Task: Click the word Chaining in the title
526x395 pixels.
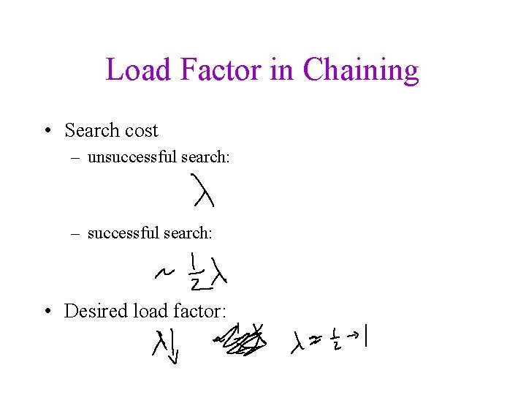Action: (361, 70)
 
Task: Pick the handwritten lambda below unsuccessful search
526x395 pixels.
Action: (202, 190)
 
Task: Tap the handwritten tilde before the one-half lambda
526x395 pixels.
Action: (163, 274)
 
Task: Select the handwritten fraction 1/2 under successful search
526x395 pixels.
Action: (194, 271)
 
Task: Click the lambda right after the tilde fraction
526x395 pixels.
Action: (219, 271)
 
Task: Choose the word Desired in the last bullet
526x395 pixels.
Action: (96, 311)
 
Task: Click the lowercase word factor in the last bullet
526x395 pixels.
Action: (198, 311)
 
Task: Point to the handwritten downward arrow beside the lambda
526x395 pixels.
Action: (174, 349)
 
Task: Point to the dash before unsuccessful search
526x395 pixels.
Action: (75, 157)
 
